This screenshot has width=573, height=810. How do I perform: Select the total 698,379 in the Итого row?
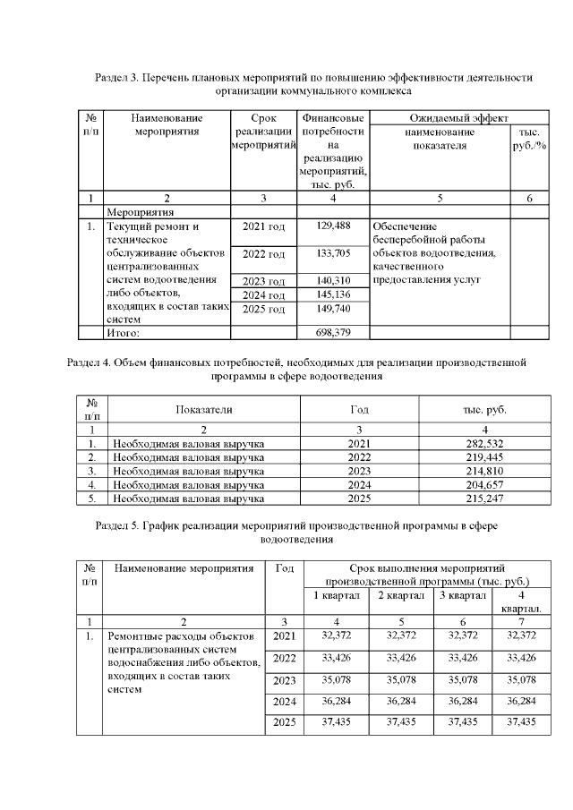[x=332, y=333]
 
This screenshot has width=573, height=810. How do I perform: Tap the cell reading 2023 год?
[x=263, y=281]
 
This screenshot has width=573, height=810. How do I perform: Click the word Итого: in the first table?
[x=124, y=333]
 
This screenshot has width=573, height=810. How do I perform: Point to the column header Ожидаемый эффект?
[x=458, y=118]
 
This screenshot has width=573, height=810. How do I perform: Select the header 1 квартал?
[x=336, y=595]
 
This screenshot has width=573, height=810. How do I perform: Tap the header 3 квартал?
[x=462, y=595]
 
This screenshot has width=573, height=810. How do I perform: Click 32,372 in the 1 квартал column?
[x=336, y=635]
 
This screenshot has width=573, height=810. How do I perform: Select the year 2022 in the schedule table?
[x=284, y=659]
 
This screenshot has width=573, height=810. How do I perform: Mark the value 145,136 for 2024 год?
[x=332, y=294]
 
